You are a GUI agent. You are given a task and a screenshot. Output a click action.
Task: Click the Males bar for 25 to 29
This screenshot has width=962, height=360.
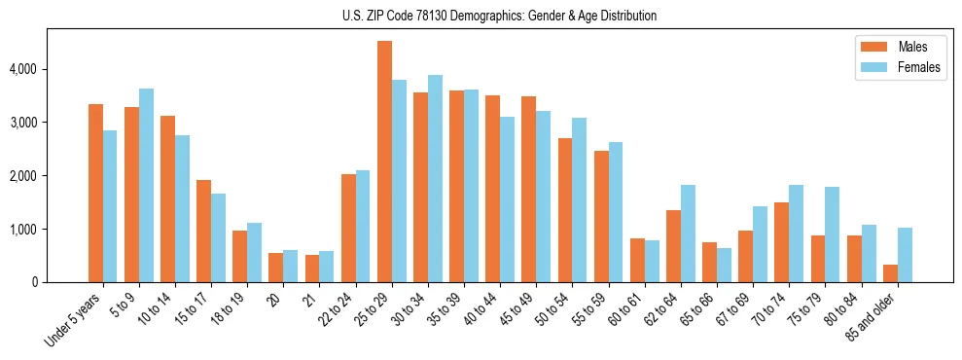[x=384, y=162]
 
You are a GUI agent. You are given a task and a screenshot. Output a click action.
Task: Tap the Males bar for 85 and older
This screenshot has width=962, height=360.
[x=890, y=273]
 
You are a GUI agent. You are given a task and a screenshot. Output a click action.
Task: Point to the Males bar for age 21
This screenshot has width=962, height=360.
[x=312, y=269]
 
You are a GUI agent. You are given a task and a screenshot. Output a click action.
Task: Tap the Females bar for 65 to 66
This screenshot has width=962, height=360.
[x=724, y=265]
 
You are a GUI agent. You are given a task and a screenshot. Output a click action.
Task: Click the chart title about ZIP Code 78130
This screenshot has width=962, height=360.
[x=499, y=16]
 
